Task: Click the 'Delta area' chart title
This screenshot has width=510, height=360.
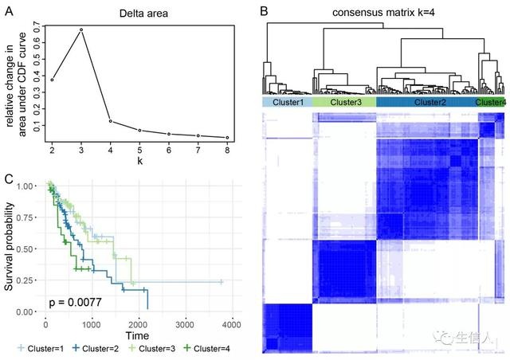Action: click(x=141, y=14)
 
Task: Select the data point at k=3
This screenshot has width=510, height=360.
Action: click(x=81, y=30)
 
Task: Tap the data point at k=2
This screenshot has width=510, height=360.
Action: click(x=53, y=79)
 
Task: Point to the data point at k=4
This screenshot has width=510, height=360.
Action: click(x=111, y=121)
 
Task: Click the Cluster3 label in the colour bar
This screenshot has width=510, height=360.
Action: click(x=344, y=103)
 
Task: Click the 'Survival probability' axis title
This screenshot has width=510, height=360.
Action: click(x=11, y=246)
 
